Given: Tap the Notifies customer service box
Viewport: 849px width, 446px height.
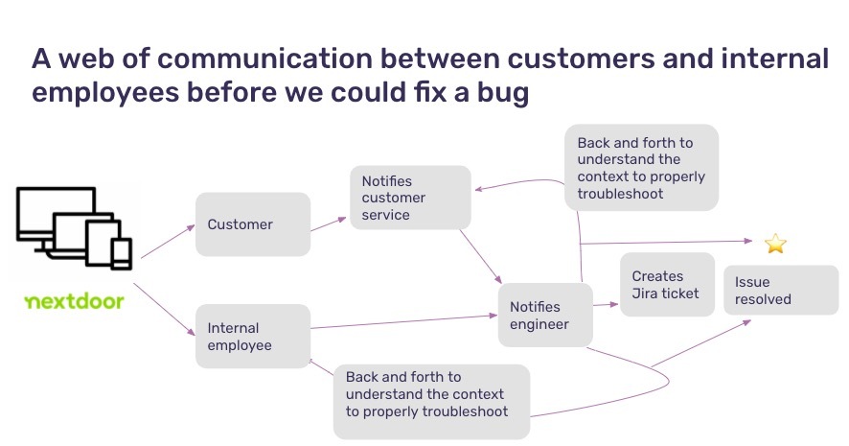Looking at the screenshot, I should (x=410, y=198).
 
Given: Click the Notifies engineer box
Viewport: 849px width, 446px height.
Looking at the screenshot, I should (x=545, y=315).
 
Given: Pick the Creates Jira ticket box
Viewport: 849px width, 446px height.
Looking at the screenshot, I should (x=667, y=285).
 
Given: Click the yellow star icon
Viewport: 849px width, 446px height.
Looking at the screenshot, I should (x=775, y=244).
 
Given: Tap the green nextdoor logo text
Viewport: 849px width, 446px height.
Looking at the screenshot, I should (x=74, y=302).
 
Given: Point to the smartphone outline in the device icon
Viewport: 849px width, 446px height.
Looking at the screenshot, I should (x=121, y=253).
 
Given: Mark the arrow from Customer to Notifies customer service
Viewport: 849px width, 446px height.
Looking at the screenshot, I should (x=329, y=224).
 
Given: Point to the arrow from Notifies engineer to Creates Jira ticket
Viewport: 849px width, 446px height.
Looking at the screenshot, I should (x=607, y=305).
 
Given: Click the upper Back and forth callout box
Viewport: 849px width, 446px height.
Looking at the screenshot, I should (x=641, y=168).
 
